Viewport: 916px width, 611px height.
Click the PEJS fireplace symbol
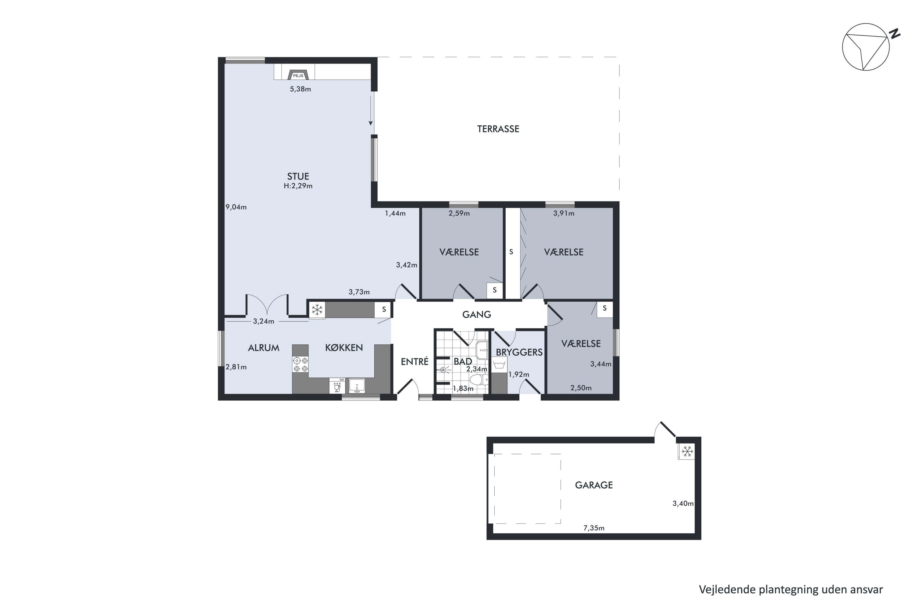click(x=298, y=75)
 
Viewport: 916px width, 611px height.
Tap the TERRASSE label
click(x=498, y=129)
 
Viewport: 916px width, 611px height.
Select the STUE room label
click(x=298, y=177)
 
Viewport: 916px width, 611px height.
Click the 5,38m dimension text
click(x=300, y=89)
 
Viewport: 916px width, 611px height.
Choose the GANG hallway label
click(x=477, y=314)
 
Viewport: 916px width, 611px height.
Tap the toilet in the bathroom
click(x=479, y=379)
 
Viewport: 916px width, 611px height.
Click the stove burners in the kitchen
click(x=300, y=364)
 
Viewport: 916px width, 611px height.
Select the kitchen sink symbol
click(x=357, y=386)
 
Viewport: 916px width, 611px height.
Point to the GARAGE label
click(x=594, y=485)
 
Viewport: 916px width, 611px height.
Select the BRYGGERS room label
click(x=519, y=352)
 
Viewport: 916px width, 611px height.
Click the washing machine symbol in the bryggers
click(x=499, y=365)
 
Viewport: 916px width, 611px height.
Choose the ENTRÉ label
click(x=415, y=362)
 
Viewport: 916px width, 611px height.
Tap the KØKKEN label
click(x=344, y=348)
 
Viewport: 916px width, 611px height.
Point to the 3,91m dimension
click(x=564, y=214)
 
